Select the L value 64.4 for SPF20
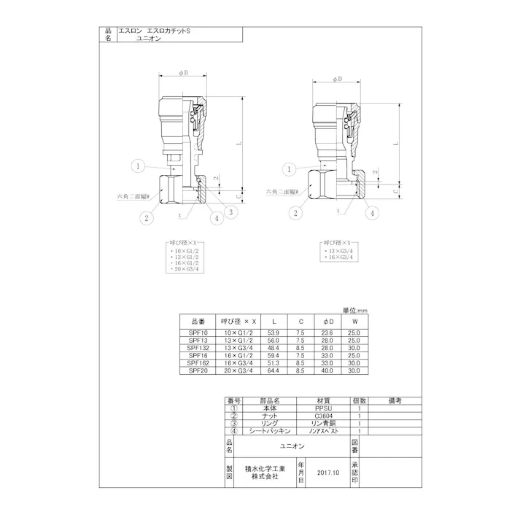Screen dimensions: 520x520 pyautogui.click(x=274, y=370)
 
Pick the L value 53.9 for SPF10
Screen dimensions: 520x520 pyautogui.click(x=274, y=332)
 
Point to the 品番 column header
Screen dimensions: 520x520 pyautogui.click(x=198, y=321)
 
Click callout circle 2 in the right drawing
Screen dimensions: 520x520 pyautogui.click(x=296, y=213)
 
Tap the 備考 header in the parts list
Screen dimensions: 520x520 pyautogui.click(x=395, y=401)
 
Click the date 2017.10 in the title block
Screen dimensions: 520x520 pyautogui.click(x=330, y=473)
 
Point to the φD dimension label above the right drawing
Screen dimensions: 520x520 pyautogui.click(x=337, y=79)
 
